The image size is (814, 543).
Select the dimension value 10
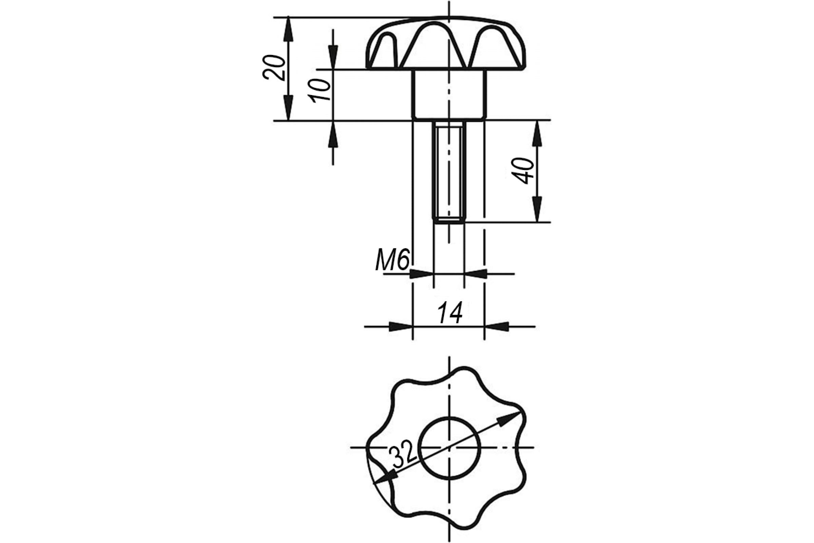point(321,90)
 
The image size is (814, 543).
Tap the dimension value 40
point(523,170)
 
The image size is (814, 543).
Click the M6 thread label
point(392,259)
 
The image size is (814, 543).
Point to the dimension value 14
point(450,312)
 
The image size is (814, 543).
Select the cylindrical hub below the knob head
point(449,95)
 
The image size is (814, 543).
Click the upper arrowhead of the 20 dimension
point(288,30)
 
